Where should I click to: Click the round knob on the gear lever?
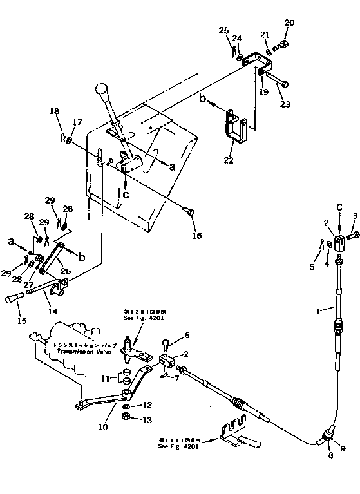[102, 89]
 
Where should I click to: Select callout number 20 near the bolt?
[289, 23]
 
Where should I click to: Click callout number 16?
[196, 236]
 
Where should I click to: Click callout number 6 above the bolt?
[187, 335]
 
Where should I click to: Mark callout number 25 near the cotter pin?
[223, 30]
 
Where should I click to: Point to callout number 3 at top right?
[354, 216]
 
